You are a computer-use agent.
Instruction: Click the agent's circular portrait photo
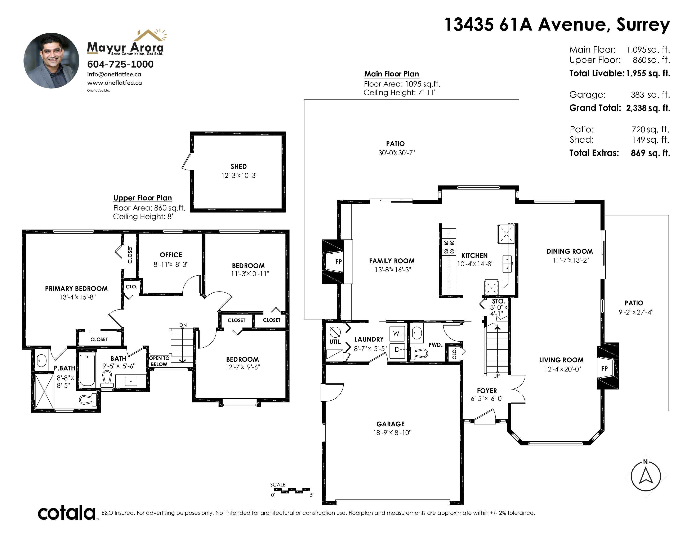click(x=51, y=61)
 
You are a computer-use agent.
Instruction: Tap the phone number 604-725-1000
click(x=120, y=64)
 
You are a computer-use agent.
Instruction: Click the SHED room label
click(x=238, y=166)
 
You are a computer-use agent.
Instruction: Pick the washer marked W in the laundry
click(x=397, y=333)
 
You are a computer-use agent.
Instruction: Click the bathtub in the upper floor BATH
click(x=87, y=370)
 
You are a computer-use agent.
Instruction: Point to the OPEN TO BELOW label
click(x=159, y=361)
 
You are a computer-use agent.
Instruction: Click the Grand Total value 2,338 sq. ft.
click(x=648, y=108)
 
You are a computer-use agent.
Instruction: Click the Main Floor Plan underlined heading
click(x=392, y=74)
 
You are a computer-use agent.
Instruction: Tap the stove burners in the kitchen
click(x=449, y=247)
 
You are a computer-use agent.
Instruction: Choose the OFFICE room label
click(x=171, y=255)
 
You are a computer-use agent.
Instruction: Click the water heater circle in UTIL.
click(x=335, y=332)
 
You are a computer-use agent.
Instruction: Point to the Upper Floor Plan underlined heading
click(x=143, y=198)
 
